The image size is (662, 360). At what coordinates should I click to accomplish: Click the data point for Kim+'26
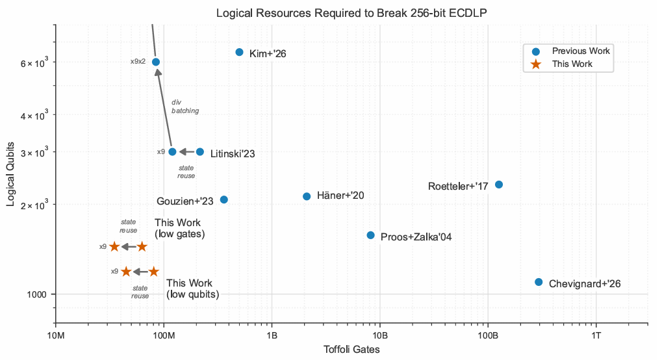click(239, 52)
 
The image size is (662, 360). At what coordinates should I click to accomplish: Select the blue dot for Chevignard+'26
click(539, 282)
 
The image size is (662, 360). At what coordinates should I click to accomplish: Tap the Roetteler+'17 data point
click(499, 185)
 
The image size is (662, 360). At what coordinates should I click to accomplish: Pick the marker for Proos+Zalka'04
click(370, 235)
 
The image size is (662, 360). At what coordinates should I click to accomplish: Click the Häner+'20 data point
click(307, 196)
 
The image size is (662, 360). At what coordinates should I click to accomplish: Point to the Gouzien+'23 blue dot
click(223, 199)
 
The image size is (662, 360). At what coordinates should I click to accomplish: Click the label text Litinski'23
click(232, 154)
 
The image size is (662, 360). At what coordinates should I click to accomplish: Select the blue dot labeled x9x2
click(156, 62)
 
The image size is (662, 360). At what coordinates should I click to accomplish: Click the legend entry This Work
click(572, 64)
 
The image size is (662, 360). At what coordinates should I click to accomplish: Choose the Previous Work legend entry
click(580, 51)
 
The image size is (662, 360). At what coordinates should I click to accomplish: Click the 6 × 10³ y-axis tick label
click(38, 62)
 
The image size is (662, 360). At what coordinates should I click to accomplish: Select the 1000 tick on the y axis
click(41, 294)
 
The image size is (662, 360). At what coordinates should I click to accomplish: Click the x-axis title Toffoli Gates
click(351, 350)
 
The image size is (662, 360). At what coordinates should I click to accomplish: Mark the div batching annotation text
click(185, 107)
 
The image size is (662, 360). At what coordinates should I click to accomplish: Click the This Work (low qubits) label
click(192, 289)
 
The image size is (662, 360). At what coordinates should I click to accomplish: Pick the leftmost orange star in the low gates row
click(114, 246)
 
